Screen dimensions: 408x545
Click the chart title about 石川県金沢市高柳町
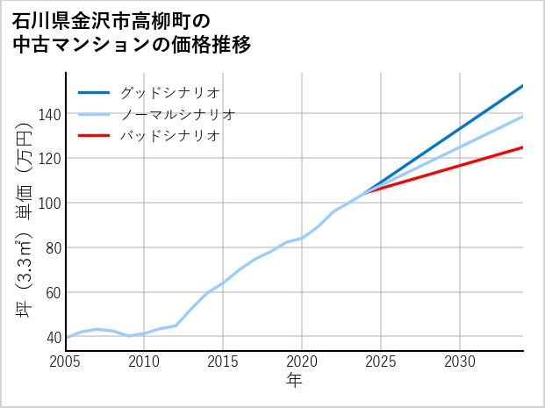[132, 32]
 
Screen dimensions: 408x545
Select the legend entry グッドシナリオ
[169, 92]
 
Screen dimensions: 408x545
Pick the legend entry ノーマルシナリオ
[177, 114]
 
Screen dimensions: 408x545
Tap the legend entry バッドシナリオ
[169, 136]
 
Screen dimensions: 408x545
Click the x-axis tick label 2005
[66, 361]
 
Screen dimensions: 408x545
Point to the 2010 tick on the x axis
[145, 361]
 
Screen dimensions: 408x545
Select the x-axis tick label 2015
[224, 361]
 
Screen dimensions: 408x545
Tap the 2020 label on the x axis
[302, 361]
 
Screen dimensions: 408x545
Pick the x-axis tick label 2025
[381, 361]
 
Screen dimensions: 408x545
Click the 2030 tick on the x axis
[460, 361]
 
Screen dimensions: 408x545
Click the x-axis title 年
[295, 381]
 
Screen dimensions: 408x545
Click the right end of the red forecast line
[523, 147]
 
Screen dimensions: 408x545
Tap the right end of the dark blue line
[523, 86]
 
